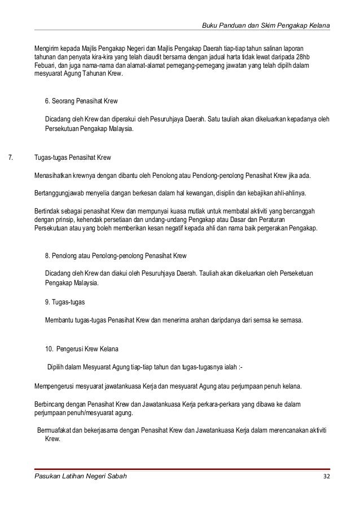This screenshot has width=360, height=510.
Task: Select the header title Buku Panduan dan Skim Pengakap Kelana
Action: point(266,27)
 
